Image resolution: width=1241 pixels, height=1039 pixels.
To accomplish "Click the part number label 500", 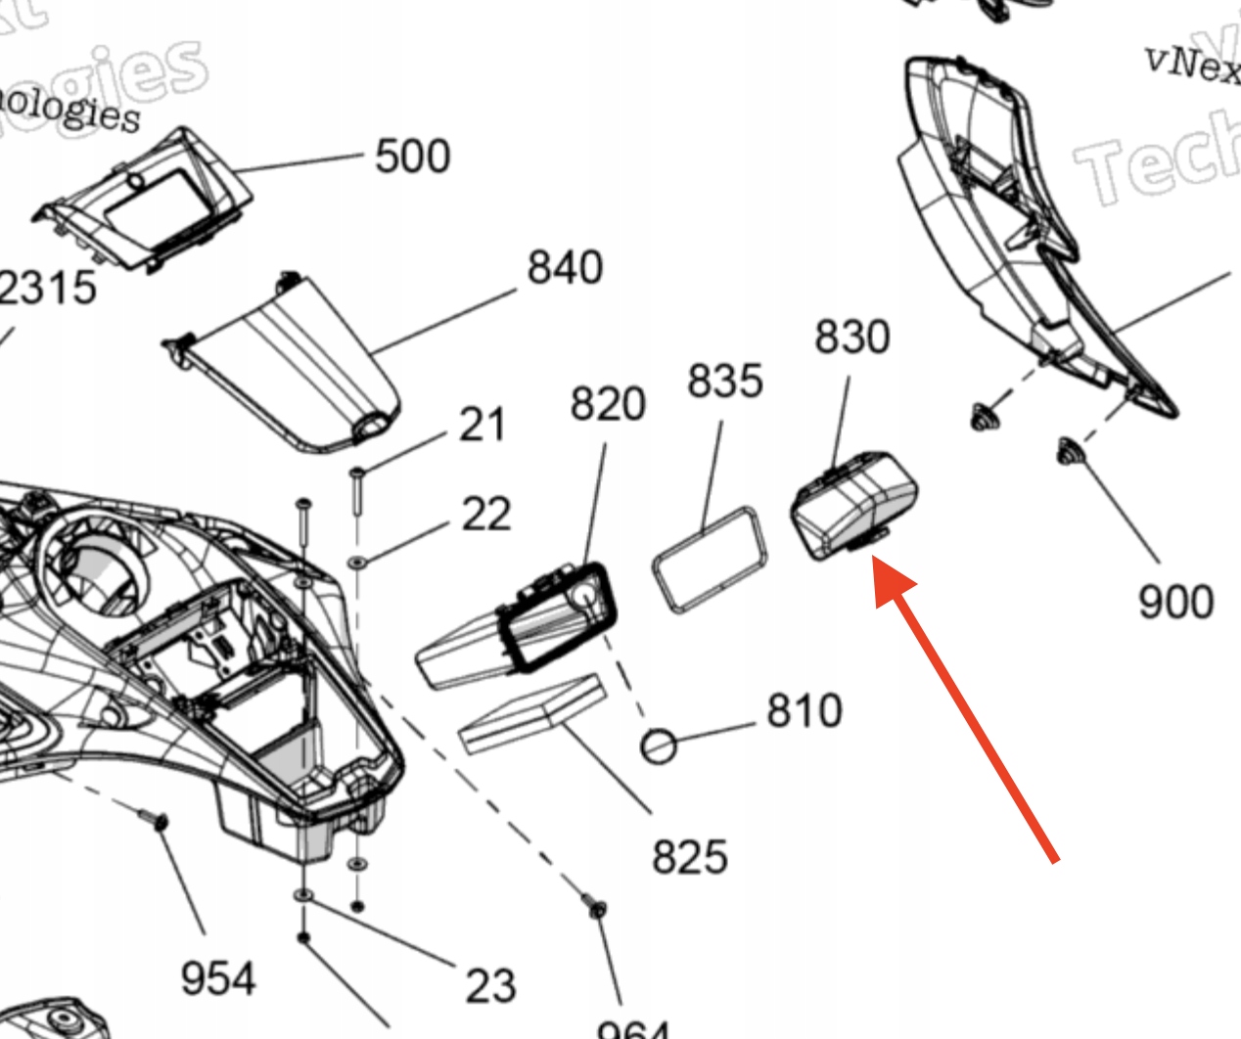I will coord(412,157).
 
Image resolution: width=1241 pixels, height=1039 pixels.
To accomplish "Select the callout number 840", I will coord(565,267).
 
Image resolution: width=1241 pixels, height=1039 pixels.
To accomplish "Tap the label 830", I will coord(851,338).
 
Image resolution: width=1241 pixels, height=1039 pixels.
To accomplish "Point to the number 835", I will coord(724,381).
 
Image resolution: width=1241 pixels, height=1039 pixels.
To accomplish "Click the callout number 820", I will coord(608,404).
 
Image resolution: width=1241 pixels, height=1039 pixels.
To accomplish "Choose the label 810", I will coord(804,711).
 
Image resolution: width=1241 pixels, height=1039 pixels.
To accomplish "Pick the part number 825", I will coord(689,857).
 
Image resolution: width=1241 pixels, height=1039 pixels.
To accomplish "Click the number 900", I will coord(1175,601).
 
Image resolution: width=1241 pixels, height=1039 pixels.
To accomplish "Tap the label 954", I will coord(218,978).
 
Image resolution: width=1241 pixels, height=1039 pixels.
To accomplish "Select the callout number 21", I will coord(483,426).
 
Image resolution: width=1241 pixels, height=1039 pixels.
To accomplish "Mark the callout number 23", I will coord(489,985).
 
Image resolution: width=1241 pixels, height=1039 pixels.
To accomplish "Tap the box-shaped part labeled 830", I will coord(853,504).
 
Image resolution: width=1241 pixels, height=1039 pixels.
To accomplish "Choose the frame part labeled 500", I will coord(148,201).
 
